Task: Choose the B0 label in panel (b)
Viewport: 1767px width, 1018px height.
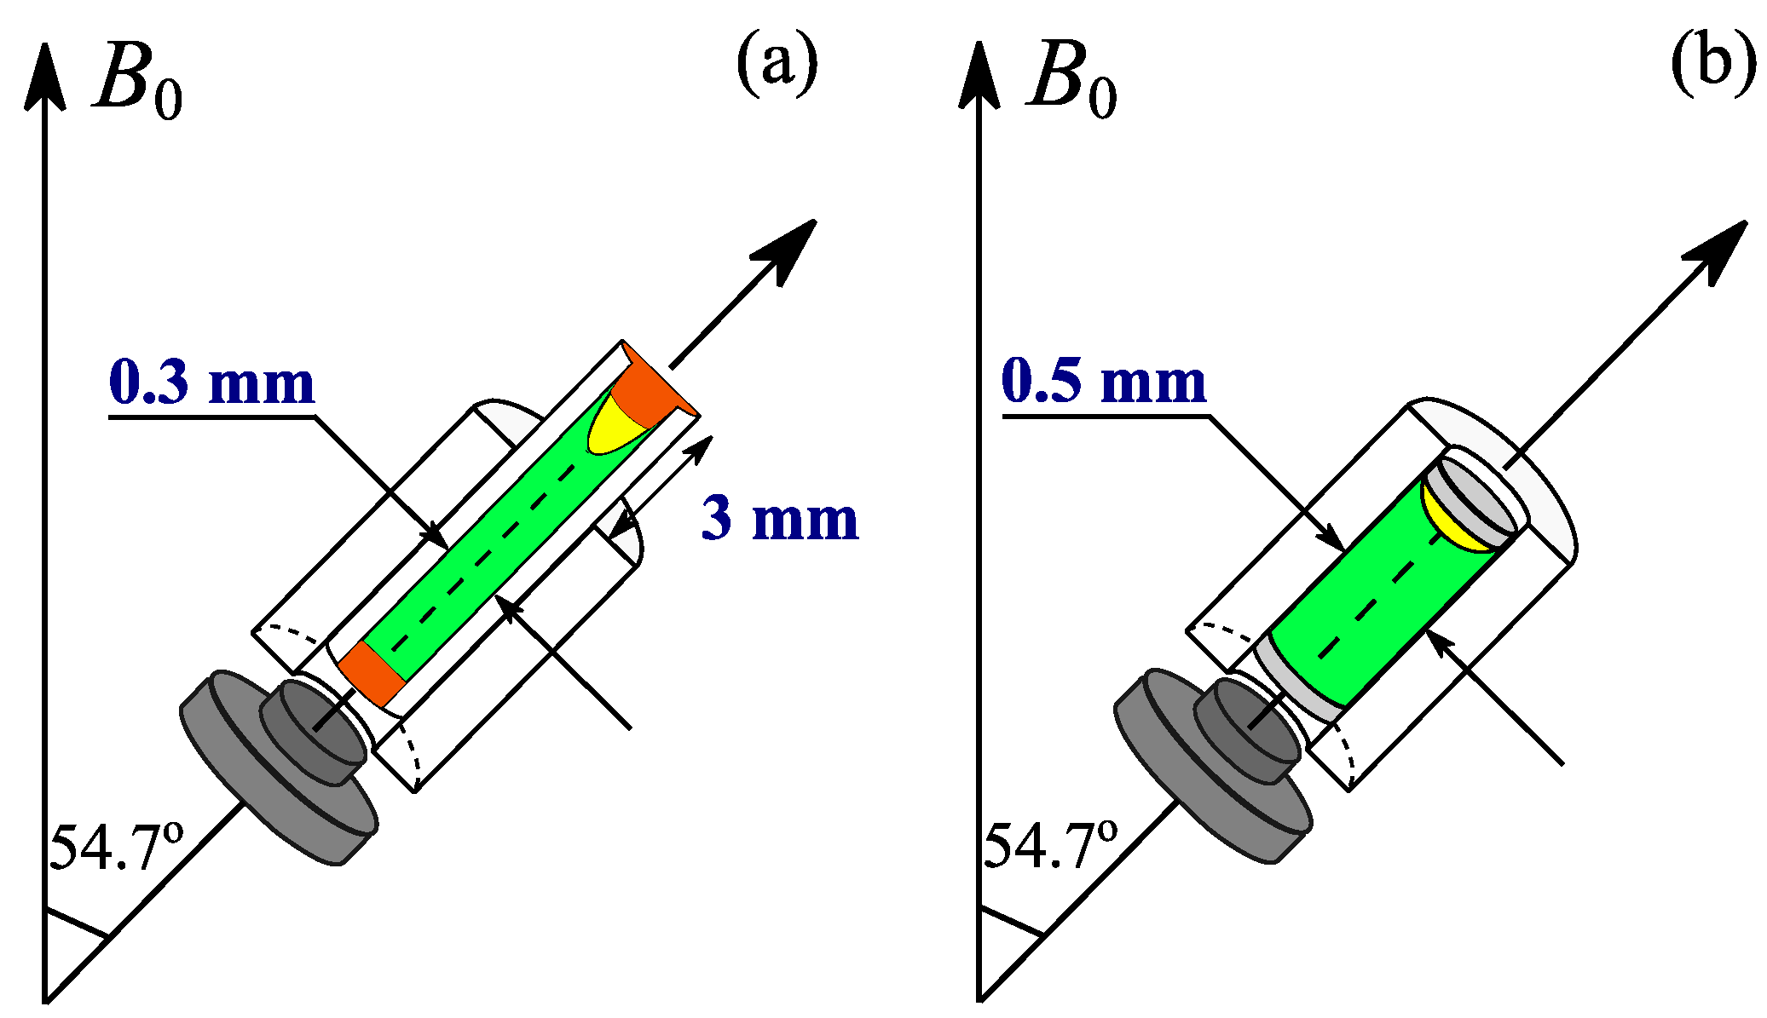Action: click(1071, 83)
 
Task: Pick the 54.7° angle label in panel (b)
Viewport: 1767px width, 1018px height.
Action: click(1050, 846)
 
